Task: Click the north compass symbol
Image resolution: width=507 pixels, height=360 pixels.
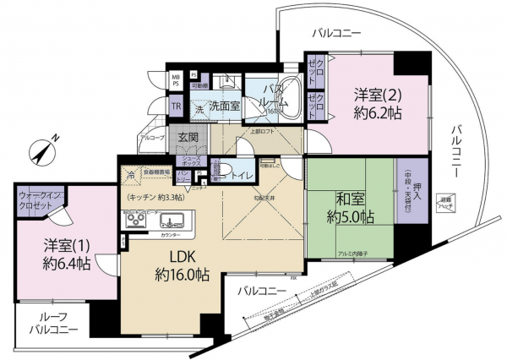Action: tap(41, 150)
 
